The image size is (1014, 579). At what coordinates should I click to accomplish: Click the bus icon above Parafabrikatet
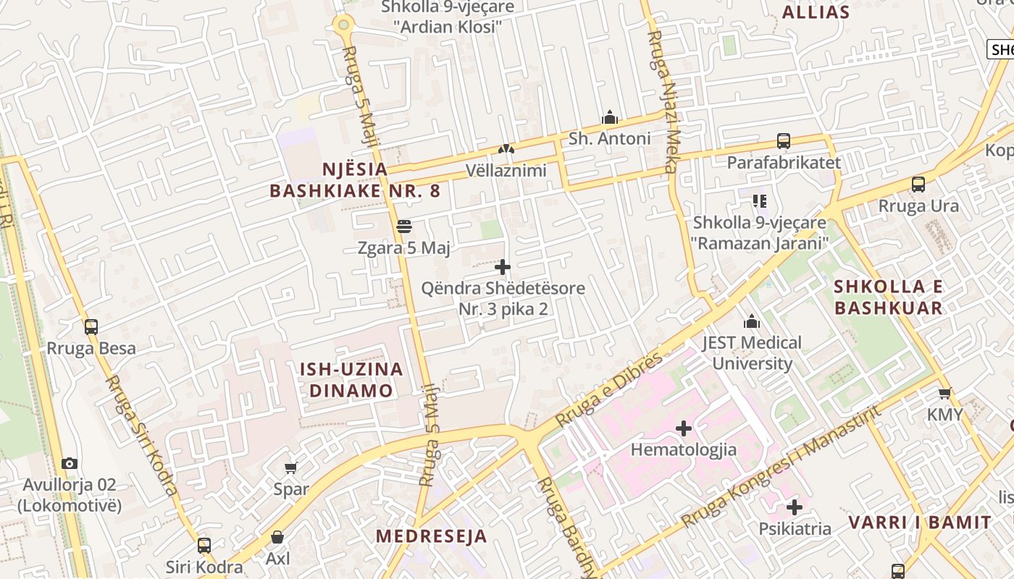[x=783, y=141]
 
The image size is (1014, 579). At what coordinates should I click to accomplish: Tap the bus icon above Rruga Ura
[x=918, y=185]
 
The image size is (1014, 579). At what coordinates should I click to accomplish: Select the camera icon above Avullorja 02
[x=70, y=463]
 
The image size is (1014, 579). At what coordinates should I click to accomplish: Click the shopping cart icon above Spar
[x=291, y=468]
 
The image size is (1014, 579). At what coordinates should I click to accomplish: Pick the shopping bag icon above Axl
[x=277, y=537]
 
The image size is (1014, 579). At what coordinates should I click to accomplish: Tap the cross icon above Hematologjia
[x=684, y=428]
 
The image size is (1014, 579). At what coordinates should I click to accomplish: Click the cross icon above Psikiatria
[x=795, y=507]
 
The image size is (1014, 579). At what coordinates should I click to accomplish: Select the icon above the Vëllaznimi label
[x=506, y=150]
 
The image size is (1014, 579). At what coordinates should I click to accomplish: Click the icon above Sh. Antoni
[x=609, y=117]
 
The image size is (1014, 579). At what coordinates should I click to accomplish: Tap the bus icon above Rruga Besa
[x=91, y=327]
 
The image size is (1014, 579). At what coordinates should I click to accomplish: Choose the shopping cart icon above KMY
[x=944, y=394]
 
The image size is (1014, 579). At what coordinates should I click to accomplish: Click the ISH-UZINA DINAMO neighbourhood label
[x=351, y=380]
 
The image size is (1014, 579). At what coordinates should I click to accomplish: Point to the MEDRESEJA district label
[x=431, y=536]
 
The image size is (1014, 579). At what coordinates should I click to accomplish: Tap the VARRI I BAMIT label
[x=919, y=523]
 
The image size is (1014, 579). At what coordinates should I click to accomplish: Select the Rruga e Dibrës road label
[x=609, y=389]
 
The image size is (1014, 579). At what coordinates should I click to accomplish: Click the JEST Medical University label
[x=752, y=352]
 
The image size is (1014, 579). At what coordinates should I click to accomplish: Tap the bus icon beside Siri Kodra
[x=204, y=545]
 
